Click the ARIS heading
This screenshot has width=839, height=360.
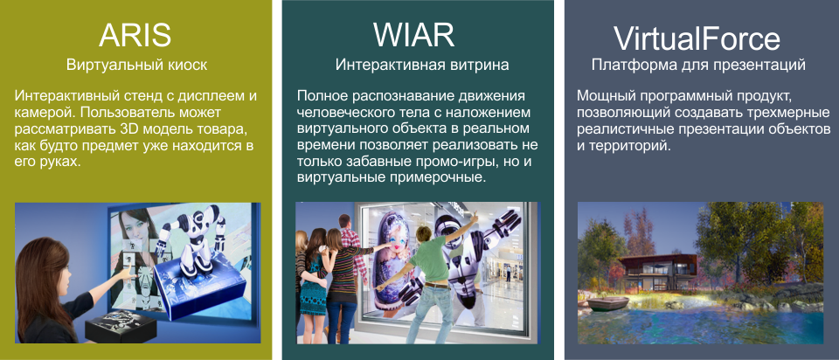coord(135,37)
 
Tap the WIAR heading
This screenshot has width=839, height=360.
coord(413,36)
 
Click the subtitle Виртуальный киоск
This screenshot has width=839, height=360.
coord(137,66)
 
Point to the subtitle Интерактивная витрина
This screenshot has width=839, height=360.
coord(422,66)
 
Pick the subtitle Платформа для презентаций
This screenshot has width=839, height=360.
coord(698,66)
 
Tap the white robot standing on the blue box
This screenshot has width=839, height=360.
coord(196,240)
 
